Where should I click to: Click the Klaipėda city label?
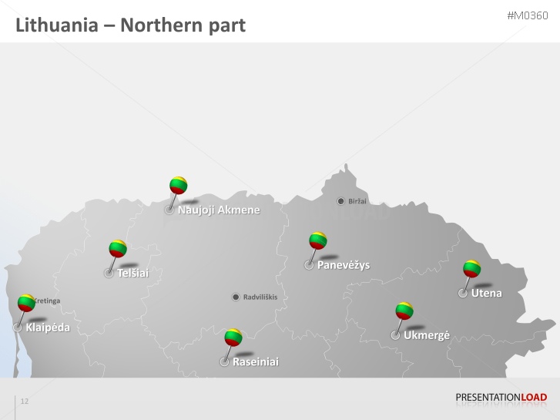point(48,328)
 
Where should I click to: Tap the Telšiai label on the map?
point(132,273)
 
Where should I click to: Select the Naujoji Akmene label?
point(219,210)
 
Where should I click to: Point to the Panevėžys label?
point(344,265)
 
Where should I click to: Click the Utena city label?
point(486,293)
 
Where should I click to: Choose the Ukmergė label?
point(426,335)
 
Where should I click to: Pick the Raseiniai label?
point(256,361)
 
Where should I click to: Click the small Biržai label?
point(357,201)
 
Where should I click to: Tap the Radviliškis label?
point(260,297)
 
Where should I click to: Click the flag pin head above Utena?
point(471,269)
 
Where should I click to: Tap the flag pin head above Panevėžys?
point(318,240)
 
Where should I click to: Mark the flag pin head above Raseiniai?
point(233,337)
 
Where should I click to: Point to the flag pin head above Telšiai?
point(117,248)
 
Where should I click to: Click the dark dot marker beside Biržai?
point(341,201)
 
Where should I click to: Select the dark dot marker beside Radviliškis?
point(236,297)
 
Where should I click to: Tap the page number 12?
point(25,402)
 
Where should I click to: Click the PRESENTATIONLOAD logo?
point(501,398)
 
